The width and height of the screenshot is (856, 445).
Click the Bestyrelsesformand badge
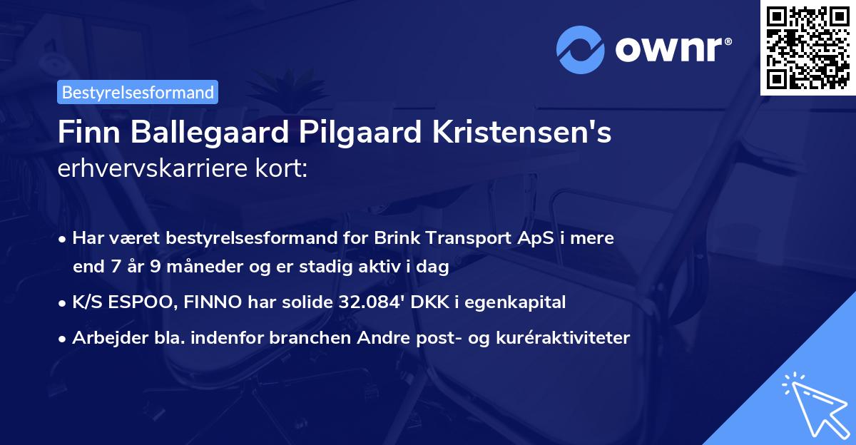(x=138, y=92)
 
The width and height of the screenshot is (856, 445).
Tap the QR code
(x=808, y=47)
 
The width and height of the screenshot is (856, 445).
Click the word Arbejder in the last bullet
(x=105, y=337)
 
